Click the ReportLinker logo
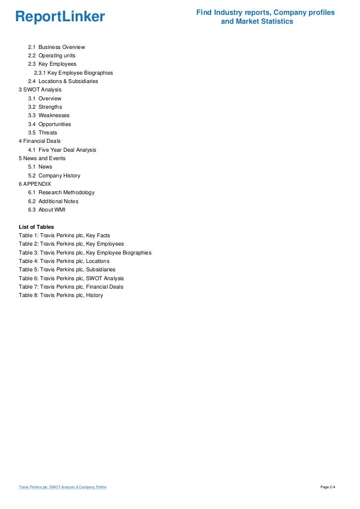(60, 17)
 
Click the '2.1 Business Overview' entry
(56, 47)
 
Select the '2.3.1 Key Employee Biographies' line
(73, 73)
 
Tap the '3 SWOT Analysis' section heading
(40, 90)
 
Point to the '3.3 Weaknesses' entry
(48, 116)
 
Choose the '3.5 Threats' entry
(43, 132)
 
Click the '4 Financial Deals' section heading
(40, 141)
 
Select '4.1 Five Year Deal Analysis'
(62, 150)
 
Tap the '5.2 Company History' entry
(54, 175)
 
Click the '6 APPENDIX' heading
(35, 184)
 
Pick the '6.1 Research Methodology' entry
(61, 192)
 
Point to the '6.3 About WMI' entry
(46, 210)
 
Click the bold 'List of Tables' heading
(36, 227)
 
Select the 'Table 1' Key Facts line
(64, 235)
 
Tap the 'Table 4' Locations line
(64, 261)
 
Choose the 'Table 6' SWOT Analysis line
(71, 278)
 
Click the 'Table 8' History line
(61, 296)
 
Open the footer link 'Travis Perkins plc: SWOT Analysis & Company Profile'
(62, 487)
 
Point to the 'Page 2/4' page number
(328, 487)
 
